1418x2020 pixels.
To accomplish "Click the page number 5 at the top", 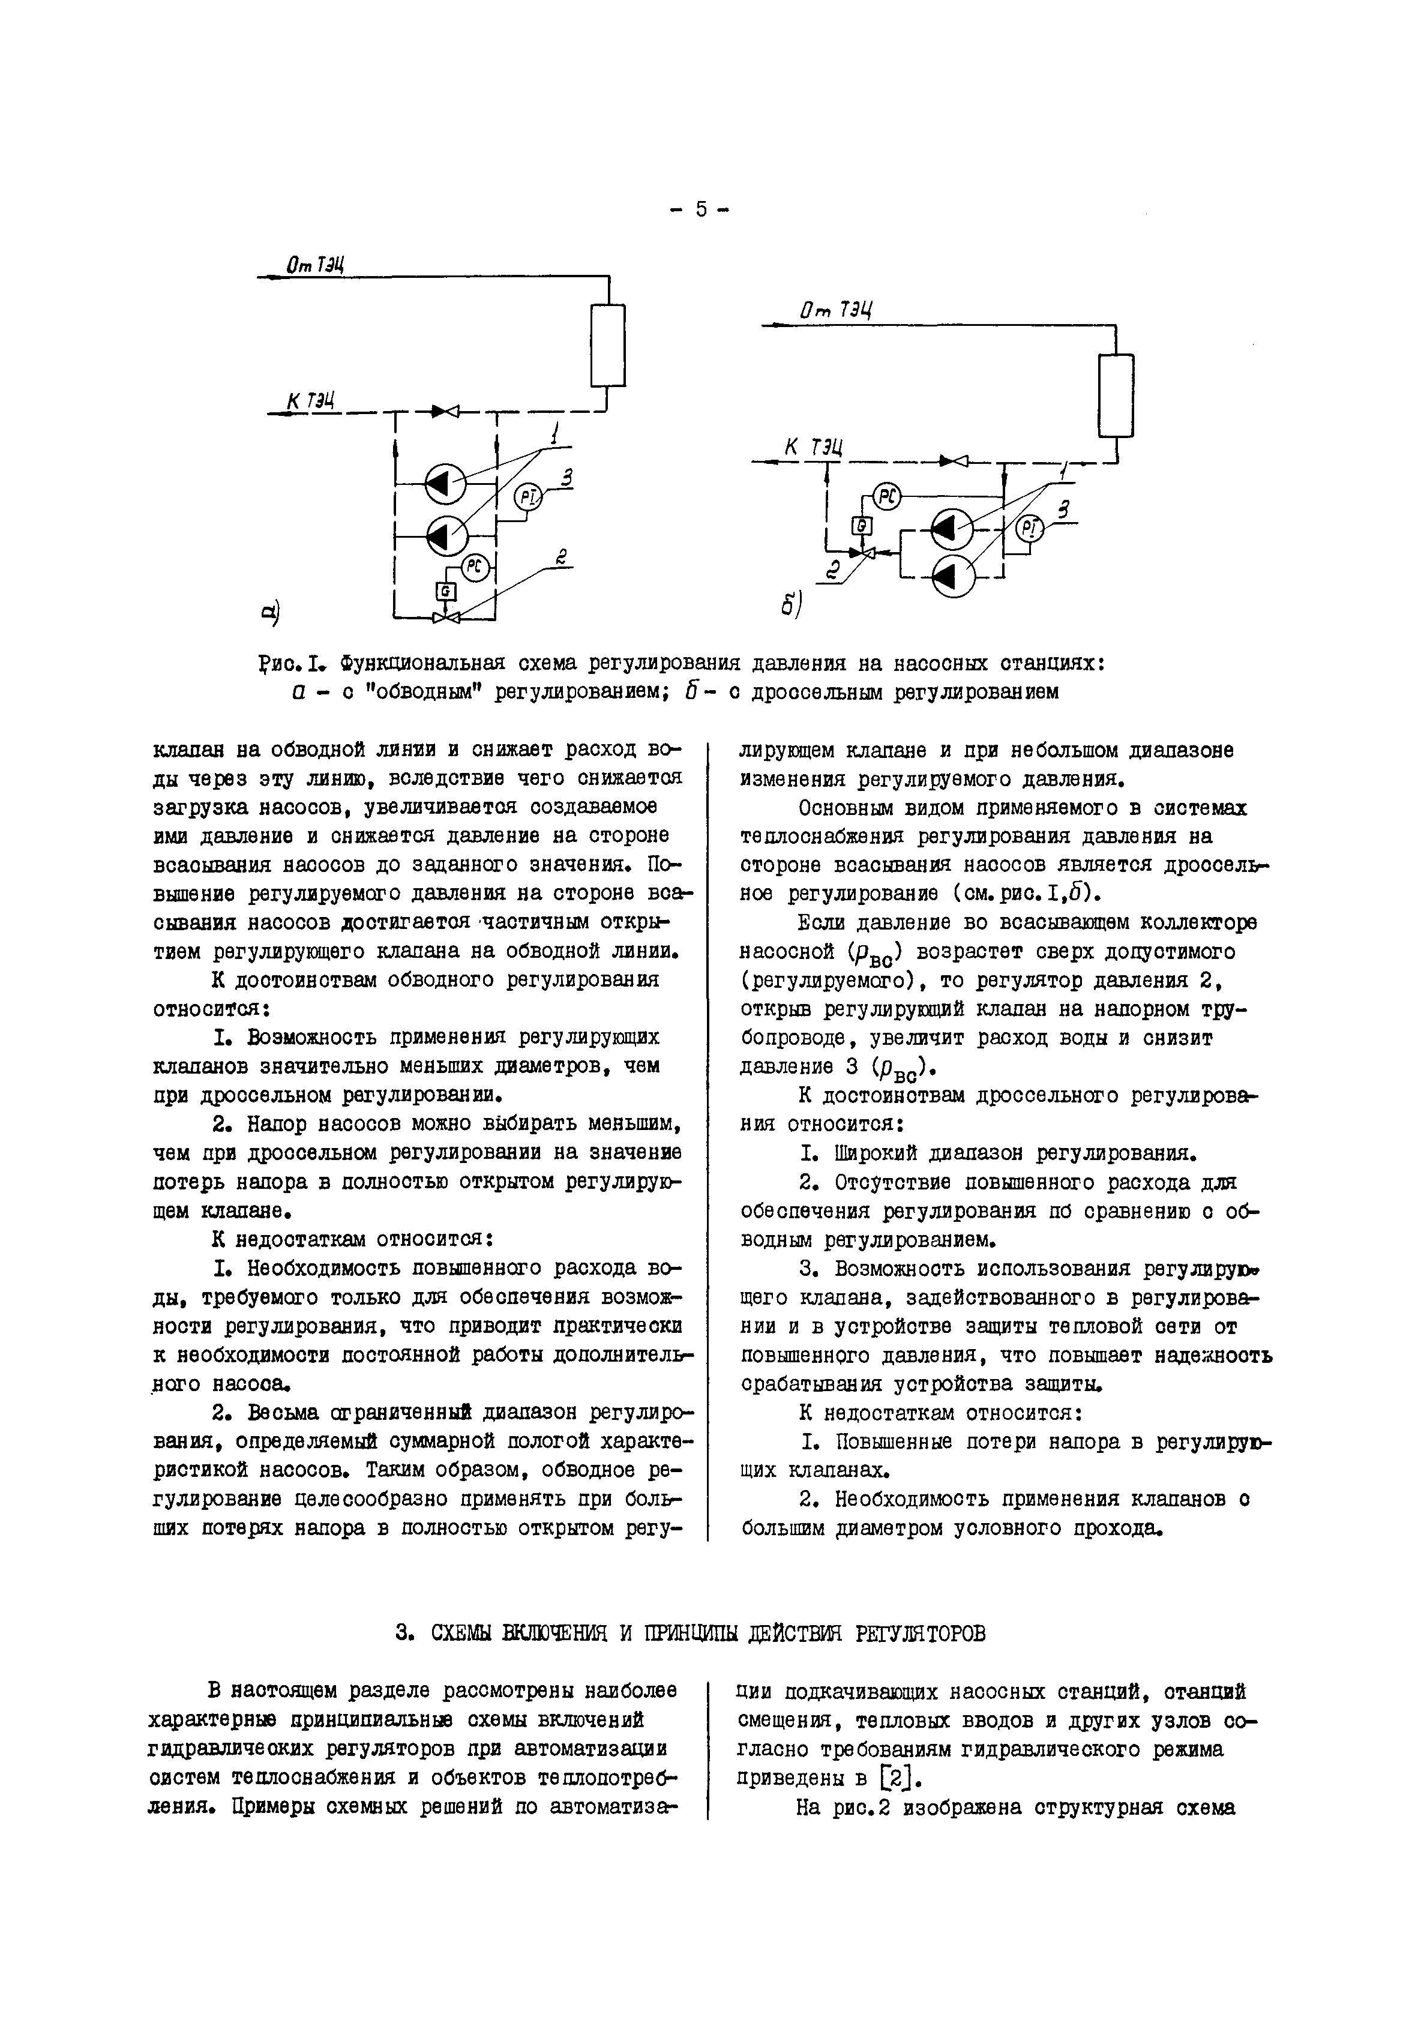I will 700,209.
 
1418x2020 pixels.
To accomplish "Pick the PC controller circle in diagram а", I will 476,568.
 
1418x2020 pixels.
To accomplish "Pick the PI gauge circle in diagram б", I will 1030,529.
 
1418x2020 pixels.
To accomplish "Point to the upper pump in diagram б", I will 952,529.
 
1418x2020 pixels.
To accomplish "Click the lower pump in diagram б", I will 952,576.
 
